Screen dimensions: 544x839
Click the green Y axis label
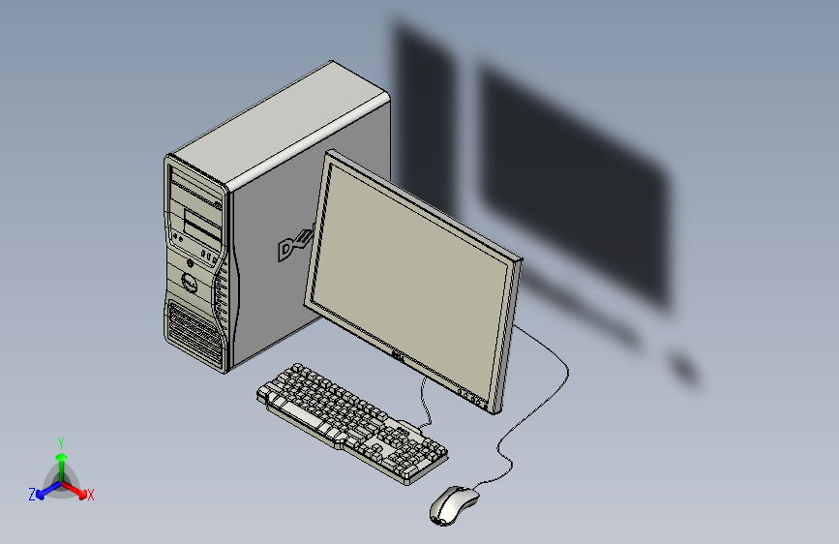click(x=60, y=441)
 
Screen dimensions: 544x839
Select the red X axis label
click(x=91, y=495)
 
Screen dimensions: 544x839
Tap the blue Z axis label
click(x=32, y=494)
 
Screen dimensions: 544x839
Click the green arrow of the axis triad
click(x=61, y=459)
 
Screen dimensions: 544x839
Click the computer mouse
click(x=453, y=504)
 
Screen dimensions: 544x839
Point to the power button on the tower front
click(x=190, y=261)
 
